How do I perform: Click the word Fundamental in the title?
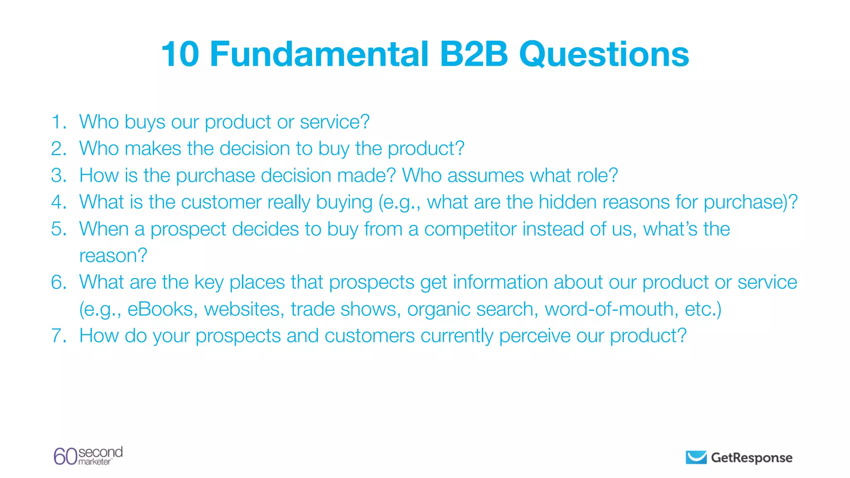319,54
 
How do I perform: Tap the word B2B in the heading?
474,54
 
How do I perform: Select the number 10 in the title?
180,54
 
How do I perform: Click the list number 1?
59,122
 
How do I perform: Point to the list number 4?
59,202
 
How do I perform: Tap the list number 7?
59,336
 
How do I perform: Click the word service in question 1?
334,122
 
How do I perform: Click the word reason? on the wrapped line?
113,256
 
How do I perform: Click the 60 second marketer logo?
88,456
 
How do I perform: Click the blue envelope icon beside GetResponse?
696,457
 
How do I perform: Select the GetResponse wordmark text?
751,458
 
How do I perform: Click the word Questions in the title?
604,54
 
